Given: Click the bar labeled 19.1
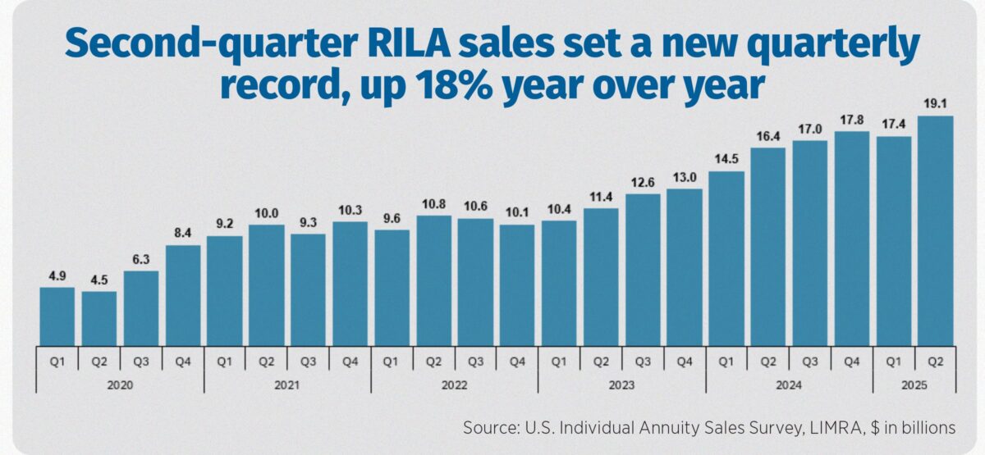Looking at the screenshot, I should pyautogui.click(x=935, y=230).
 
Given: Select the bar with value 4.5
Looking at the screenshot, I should pyautogui.click(x=98, y=318).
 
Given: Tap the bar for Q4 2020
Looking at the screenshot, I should pyautogui.click(x=182, y=295).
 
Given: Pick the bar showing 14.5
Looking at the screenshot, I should pyautogui.click(x=726, y=258).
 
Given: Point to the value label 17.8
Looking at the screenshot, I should pyautogui.click(x=851, y=119).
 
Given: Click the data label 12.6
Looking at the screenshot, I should pyautogui.click(x=642, y=182).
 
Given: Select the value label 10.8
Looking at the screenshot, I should pyautogui.click(x=433, y=203).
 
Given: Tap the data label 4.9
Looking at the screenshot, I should pyautogui.click(x=57, y=275).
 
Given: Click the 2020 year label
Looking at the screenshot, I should pyautogui.click(x=119, y=384).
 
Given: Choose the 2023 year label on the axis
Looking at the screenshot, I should pyautogui.click(x=621, y=384).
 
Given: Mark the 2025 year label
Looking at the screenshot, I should pyautogui.click(x=914, y=384).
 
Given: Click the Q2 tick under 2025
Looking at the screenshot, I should pyautogui.click(x=935, y=358).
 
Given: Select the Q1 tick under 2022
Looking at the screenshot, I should pyautogui.click(x=392, y=358).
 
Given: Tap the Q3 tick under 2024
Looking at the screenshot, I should pyautogui.click(x=809, y=358).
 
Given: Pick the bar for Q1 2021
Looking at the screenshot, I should pyautogui.click(x=224, y=290).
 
